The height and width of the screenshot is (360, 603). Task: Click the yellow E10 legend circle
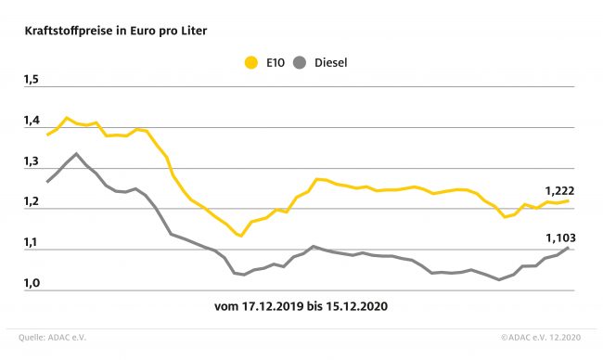point(251,63)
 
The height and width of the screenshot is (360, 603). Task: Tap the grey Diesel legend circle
point(300,63)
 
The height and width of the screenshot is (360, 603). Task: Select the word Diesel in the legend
point(331,63)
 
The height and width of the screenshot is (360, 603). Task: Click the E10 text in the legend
point(276,63)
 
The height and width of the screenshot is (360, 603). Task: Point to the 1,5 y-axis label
point(32,80)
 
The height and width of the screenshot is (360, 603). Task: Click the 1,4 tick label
point(32,121)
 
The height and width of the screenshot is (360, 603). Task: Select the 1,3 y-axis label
point(32,161)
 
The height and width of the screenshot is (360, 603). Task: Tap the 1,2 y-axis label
point(32,201)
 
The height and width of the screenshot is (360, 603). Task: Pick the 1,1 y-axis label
point(32,242)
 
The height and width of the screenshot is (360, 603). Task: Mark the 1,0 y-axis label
point(32,283)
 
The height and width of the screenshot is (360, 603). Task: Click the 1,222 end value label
point(560,191)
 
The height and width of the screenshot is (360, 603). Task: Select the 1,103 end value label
point(560,238)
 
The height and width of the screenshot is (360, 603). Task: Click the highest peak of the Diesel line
point(76,153)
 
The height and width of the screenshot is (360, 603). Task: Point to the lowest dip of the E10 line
point(241,236)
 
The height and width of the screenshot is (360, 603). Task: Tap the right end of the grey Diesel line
point(568,248)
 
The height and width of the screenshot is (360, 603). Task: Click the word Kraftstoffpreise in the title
point(69,31)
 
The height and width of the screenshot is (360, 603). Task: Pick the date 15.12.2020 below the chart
point(357,306)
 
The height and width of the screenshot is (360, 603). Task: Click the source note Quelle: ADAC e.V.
point(52,338)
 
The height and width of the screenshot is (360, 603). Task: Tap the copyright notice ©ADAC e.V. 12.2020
point(541,338)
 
